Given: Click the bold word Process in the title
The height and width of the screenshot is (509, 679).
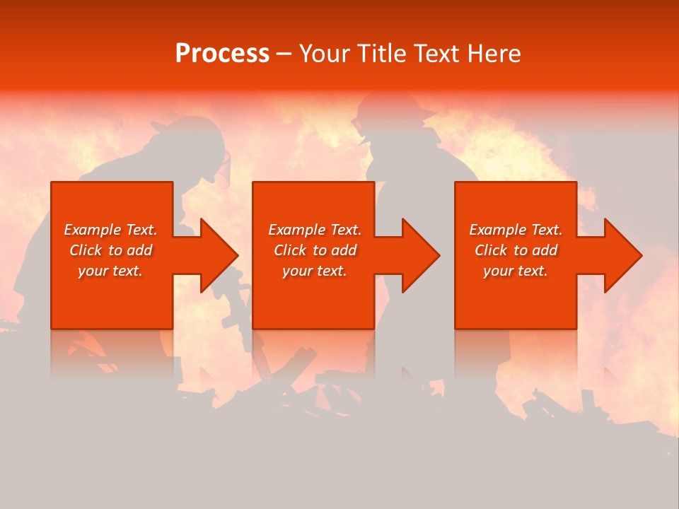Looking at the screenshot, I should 222,54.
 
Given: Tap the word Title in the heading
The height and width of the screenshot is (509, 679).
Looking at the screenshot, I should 383,54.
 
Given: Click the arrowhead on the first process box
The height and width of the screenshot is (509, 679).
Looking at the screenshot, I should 219,255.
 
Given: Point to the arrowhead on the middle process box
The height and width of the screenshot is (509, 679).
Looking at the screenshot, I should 421,255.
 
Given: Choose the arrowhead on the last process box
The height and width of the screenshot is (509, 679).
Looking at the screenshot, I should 622,255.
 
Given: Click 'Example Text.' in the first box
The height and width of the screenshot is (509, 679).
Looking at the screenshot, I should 110,230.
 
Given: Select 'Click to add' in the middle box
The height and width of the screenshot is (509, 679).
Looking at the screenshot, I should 315,250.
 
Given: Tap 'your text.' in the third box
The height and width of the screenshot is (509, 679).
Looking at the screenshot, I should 515,271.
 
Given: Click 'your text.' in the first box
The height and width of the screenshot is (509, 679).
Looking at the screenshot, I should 110,271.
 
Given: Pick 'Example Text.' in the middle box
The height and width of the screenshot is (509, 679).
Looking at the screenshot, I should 315,230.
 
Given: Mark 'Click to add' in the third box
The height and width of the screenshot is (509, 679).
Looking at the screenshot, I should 516,250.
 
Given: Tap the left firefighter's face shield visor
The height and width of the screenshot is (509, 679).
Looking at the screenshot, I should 224,170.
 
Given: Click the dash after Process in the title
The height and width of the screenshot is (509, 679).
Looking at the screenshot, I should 284,54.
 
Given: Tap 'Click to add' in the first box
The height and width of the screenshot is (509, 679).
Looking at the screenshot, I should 110,250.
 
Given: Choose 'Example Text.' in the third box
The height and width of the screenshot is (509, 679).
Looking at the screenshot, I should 516,230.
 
